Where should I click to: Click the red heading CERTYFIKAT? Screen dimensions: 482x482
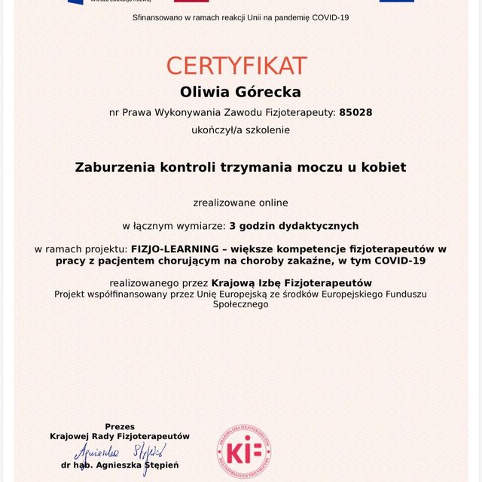pos(236,65)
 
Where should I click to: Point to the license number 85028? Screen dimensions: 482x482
pos(355,112)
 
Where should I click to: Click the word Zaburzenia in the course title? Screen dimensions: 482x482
pos(114,167)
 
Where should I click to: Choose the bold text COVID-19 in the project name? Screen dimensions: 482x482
pos(398,261)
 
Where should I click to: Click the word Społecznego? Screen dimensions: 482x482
pos(241,304)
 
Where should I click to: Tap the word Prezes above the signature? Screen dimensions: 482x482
pos(120,426)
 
